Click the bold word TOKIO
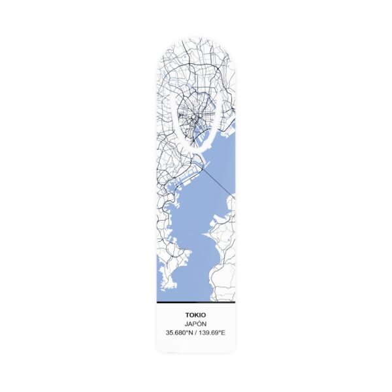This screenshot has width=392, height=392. tap(195, 314)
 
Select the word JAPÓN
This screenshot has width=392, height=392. tap(195, 323)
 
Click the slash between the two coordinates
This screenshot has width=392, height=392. tap(195, 333)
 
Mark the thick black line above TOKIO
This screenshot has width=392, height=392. tap(195, 304)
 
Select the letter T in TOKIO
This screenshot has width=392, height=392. tap(187, 314)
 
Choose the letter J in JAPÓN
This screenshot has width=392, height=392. tap(186, 323)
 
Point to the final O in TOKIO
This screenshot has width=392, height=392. tap(203, 314)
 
